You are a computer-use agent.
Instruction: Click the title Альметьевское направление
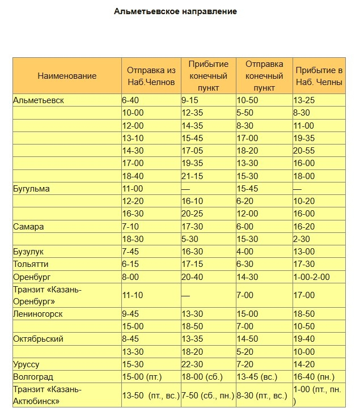pyautogui.click(x=175, y=11)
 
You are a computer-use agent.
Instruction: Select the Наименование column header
pyautogui.click(x=67, y=76)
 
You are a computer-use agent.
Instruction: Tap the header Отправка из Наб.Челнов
pyautogui.click(x=150, y=76)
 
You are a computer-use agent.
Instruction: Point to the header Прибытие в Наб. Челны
pyautogui.click(x=319, y=76)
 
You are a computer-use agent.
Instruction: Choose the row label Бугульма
pyautogui.click(x=31, y=188)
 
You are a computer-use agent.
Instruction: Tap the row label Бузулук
pyautogui.click(x=28, y=251)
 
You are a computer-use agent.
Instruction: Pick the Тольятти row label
pyautogui.click(x=31, y=264)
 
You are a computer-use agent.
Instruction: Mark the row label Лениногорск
pyautogui.click(x=38, y=313)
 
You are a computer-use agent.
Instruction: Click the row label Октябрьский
pyautogui.click(x=39, y=338)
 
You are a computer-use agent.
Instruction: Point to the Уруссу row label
pyautogui.click(x=26, y=364)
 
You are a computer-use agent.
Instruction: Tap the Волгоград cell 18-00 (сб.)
pyautogui.click(x=202, y=376)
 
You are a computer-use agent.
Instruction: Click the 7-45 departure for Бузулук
pyautogui.click(x=132, y=251)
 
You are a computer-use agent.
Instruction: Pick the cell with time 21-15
pyautogui.click(x=192, y=176)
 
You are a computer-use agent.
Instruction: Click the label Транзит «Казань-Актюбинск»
pyautogui.click(x=48, y=395)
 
